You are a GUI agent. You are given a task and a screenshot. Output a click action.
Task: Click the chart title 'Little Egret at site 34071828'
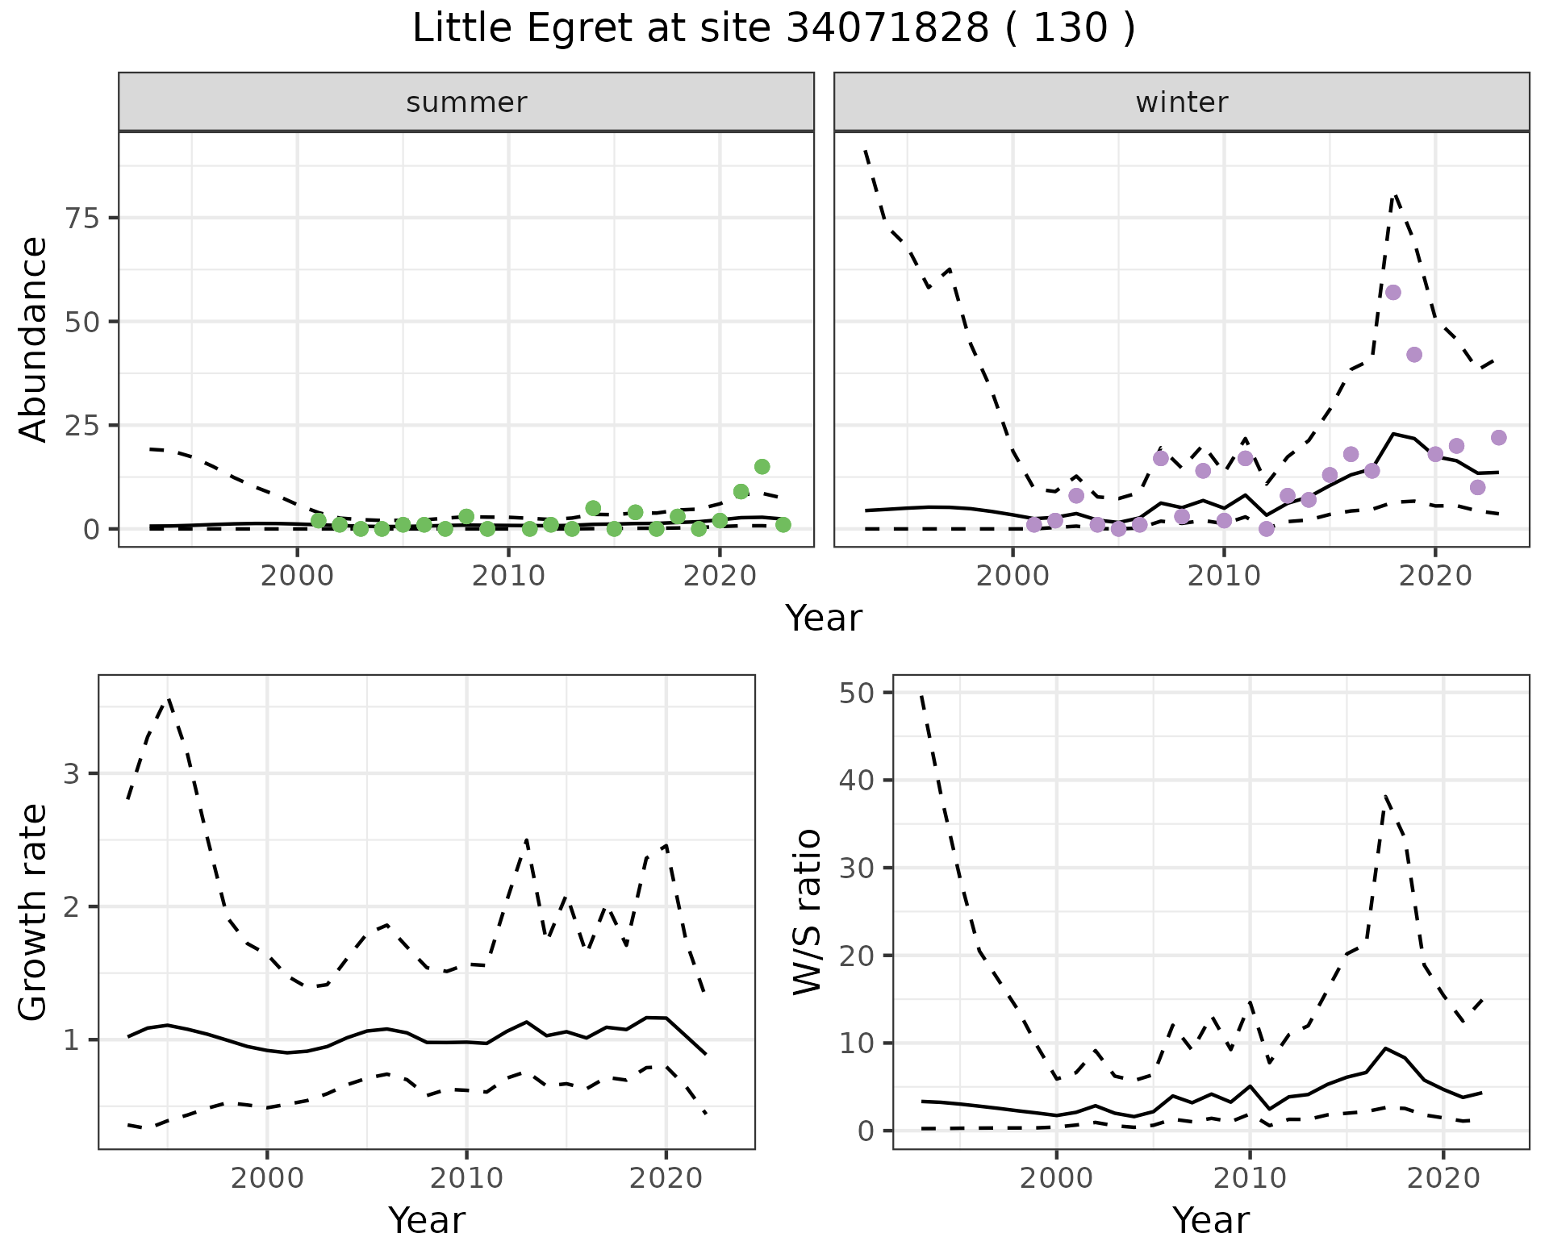point(773,29)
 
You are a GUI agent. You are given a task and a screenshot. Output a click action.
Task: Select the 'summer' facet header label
point(466,102)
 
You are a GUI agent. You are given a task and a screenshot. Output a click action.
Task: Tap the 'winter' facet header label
point(1181,102)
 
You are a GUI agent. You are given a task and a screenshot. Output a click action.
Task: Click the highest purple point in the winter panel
point(1392,292)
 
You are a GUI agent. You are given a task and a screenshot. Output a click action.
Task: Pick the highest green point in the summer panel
point(762,466)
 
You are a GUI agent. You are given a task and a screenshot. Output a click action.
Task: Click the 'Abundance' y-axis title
point(34,339)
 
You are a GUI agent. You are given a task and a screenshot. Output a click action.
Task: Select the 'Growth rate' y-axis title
point(34,912)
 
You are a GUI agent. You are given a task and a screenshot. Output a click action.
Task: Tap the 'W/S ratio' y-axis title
point(807,912)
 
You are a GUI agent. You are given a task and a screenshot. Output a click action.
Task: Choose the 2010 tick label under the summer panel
point(508,577)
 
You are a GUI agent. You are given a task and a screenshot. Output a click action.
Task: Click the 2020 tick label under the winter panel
point(1434,577)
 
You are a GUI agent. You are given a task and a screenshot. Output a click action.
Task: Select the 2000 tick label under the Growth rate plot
point(267,1178)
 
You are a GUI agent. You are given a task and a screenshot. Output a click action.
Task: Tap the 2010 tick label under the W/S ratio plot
point(1250,1178)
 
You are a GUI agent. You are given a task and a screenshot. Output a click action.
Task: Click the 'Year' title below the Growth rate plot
point(426,1220)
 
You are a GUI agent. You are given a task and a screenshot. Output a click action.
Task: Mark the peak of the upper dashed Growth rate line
point(168,699)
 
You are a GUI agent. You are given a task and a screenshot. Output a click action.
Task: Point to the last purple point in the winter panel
point(1498,438)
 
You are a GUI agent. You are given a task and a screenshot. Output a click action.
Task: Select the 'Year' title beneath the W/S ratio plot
point(1210,1220)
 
